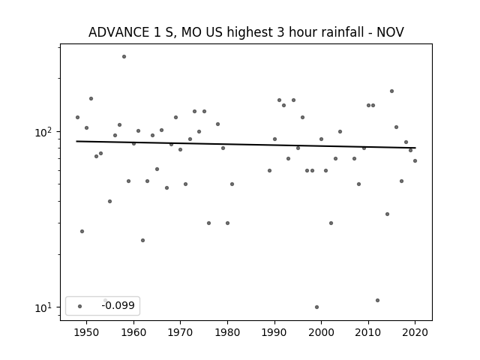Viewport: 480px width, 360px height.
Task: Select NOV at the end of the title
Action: (x=390, y=32)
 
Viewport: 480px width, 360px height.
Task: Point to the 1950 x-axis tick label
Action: (x=87, y=332)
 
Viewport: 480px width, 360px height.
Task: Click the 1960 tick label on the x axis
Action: (x=133, y=332)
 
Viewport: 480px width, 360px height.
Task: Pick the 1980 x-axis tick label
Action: (x=227, y=332)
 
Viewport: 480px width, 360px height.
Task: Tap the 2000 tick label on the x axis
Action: (x=322, y=332)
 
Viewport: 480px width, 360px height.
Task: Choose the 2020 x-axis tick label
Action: (x=415, y=332)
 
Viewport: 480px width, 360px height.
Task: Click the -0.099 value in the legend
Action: (x=118, y=305)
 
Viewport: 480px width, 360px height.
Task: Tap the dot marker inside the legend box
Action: (x=80, y=306)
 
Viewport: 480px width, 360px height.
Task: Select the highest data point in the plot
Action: (x=124, y=57)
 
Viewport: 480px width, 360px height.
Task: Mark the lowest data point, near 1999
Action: (x=316, y=307)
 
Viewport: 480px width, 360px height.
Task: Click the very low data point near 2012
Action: (x=377, y=300)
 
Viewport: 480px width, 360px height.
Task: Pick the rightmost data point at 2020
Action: (x=415, y=160)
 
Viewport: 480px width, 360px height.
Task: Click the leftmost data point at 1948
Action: (x=77, y=117)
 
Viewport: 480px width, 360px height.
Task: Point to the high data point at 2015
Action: (x=391, y=91)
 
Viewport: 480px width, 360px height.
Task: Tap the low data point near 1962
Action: (x=142, y=240)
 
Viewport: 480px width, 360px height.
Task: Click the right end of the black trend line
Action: (x=415, y=148)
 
